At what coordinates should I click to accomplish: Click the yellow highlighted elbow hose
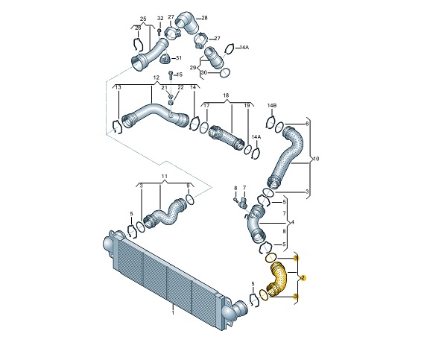pyautogui.click(x=279, y=279)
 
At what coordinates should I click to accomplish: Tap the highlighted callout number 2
pyautogui.click(x=303, y=277)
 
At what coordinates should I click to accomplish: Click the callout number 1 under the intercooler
pyautogui.click(x=172, y=314)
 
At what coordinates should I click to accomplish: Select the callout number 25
pyautogui.click(x=143, y=18)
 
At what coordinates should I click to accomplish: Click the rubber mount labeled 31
pyautogui.click(x=167, y=59)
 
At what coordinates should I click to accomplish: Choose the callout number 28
pyautogui.click(x=205, y=18)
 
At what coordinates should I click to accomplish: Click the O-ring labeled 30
pyautogui.click(x=225, y=73)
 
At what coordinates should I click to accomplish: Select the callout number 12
pyautogui.click(x=156, y=78)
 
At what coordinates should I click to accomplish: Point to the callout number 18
pyautogui.click(x=226, y=96)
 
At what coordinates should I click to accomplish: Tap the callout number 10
pyautogui.click(x=316, y=159)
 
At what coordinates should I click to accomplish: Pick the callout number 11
pyautogui.click(x=165, y=177)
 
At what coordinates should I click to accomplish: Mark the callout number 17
pyautogui.click(x=206, y=107)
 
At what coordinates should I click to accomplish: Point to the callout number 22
pyautogui.click(x=180, y=88)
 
